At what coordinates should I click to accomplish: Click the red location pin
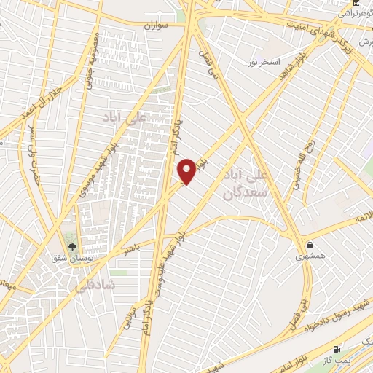click(x=187, y=170)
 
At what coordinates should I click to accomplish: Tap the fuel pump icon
click(x=337, y=350)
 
